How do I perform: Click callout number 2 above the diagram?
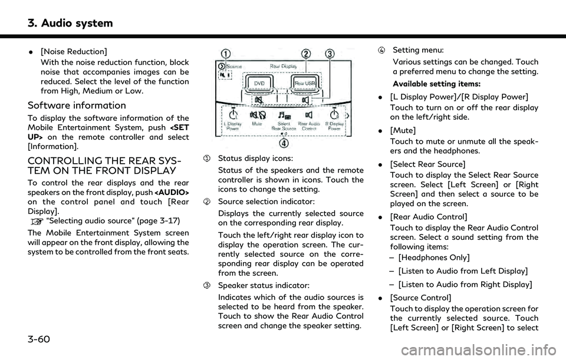tap(305, 54)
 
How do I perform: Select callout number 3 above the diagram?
tap(330, 54)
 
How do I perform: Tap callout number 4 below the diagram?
tap(284, 141)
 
